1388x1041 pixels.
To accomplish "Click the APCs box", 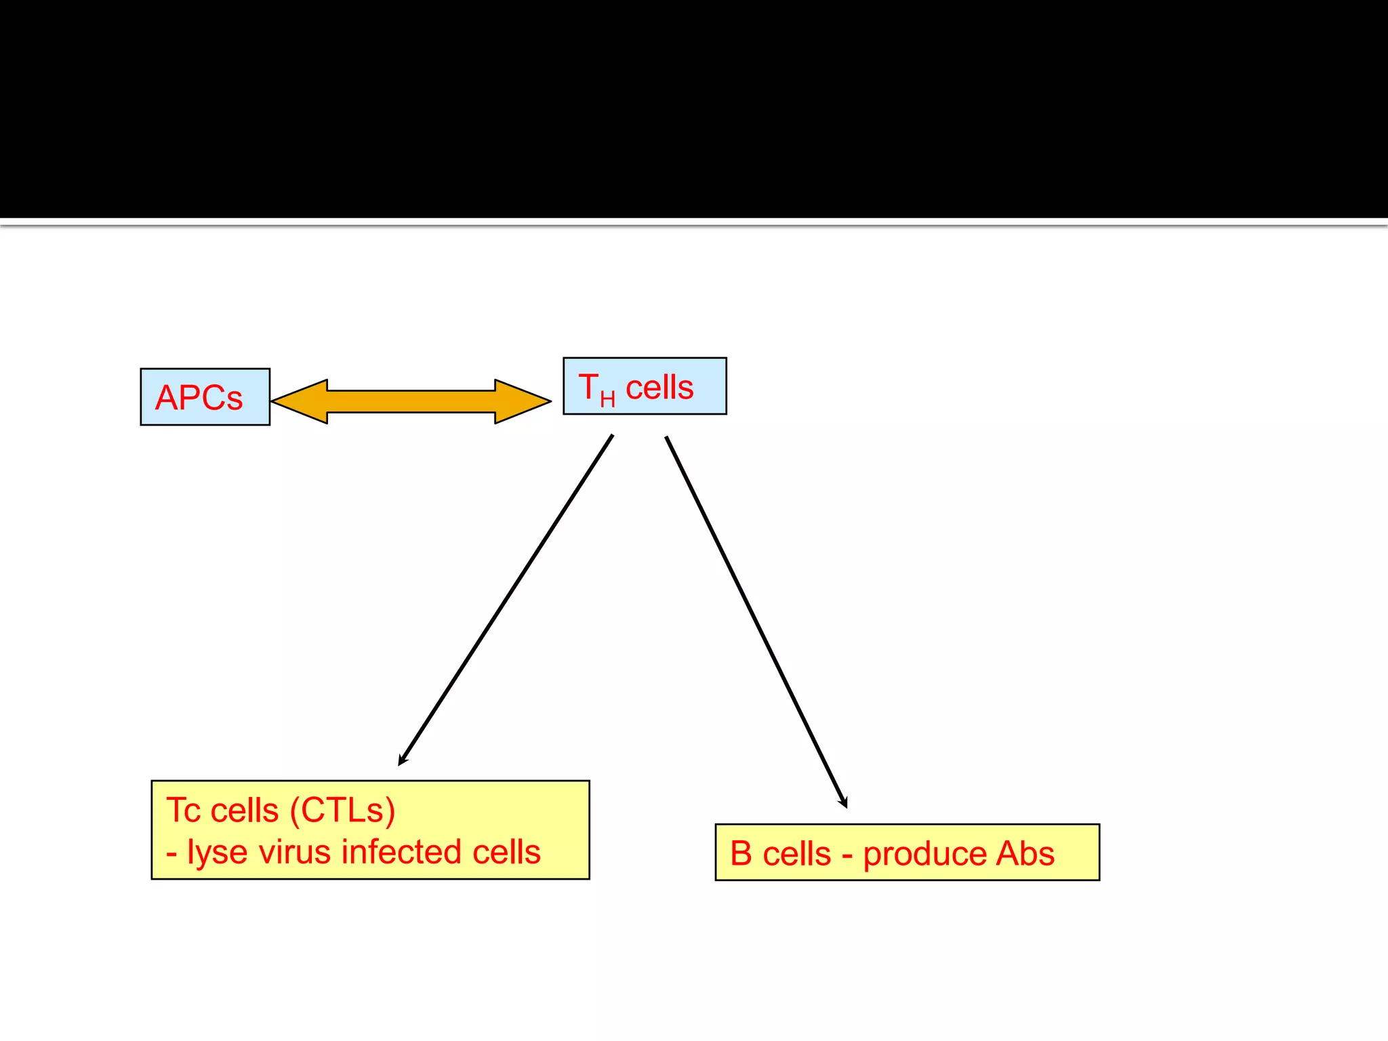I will [205, 397].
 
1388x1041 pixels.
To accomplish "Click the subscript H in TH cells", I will [607, 399].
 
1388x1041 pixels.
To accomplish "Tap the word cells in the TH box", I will [659, 388].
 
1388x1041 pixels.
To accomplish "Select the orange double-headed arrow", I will [411, 401].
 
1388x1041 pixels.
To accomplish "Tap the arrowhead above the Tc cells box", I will [402, 760].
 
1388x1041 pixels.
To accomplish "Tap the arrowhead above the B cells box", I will [844, 802].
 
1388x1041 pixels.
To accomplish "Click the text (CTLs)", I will [342, 811].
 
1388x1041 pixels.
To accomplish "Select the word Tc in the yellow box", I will [184, 811].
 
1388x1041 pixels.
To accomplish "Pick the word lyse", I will [217, 853].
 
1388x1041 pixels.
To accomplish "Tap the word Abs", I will [1025, 854].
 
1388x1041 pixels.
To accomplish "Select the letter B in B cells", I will [741, 854].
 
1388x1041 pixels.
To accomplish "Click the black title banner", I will [694, 108].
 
